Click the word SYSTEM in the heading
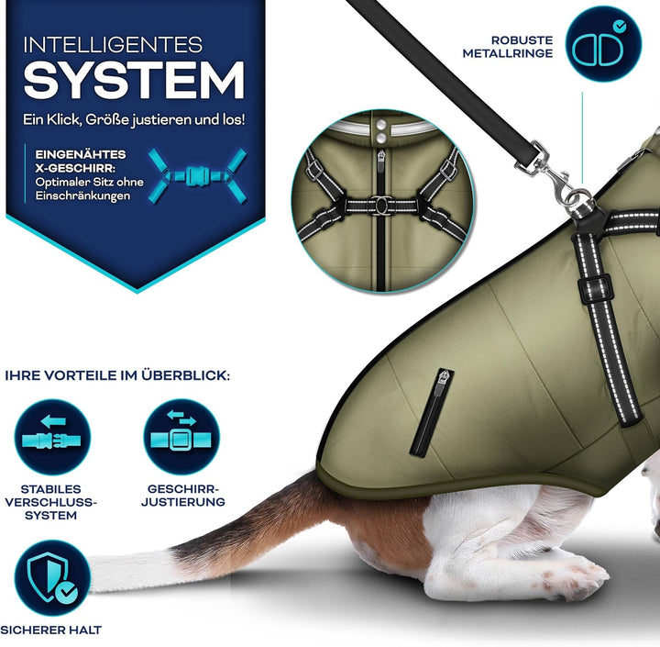(x=134, y=81)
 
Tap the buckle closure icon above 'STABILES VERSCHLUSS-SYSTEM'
(x=52, y=437)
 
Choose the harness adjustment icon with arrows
(x=182, y=437)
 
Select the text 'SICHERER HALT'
(x=50, y=630)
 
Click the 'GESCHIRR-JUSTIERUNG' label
(x=184, y=496)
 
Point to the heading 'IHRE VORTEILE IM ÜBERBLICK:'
(x=118, y=376)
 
